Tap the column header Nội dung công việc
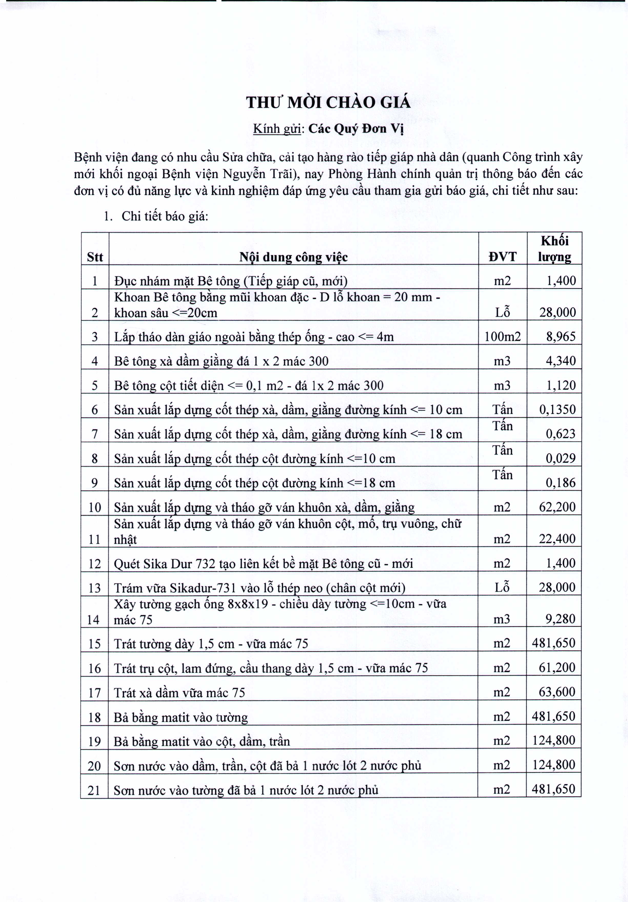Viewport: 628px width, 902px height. click(x=293, y=257)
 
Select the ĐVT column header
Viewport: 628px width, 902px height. click(x=502, y=257)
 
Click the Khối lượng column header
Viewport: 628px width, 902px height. click(x=554, y=249)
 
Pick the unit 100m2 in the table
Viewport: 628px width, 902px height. click(x=502, y=337)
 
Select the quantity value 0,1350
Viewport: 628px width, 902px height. click(x=557, y=410)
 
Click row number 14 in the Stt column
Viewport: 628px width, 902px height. click(x=94, y=620)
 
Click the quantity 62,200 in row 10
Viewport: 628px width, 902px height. click(x=557, y=507)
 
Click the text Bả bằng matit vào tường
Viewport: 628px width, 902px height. click(x=181, y=717)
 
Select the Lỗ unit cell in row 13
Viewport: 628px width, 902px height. click(x=502, y=587)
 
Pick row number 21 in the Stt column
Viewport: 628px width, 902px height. click(x=94, y=790)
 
